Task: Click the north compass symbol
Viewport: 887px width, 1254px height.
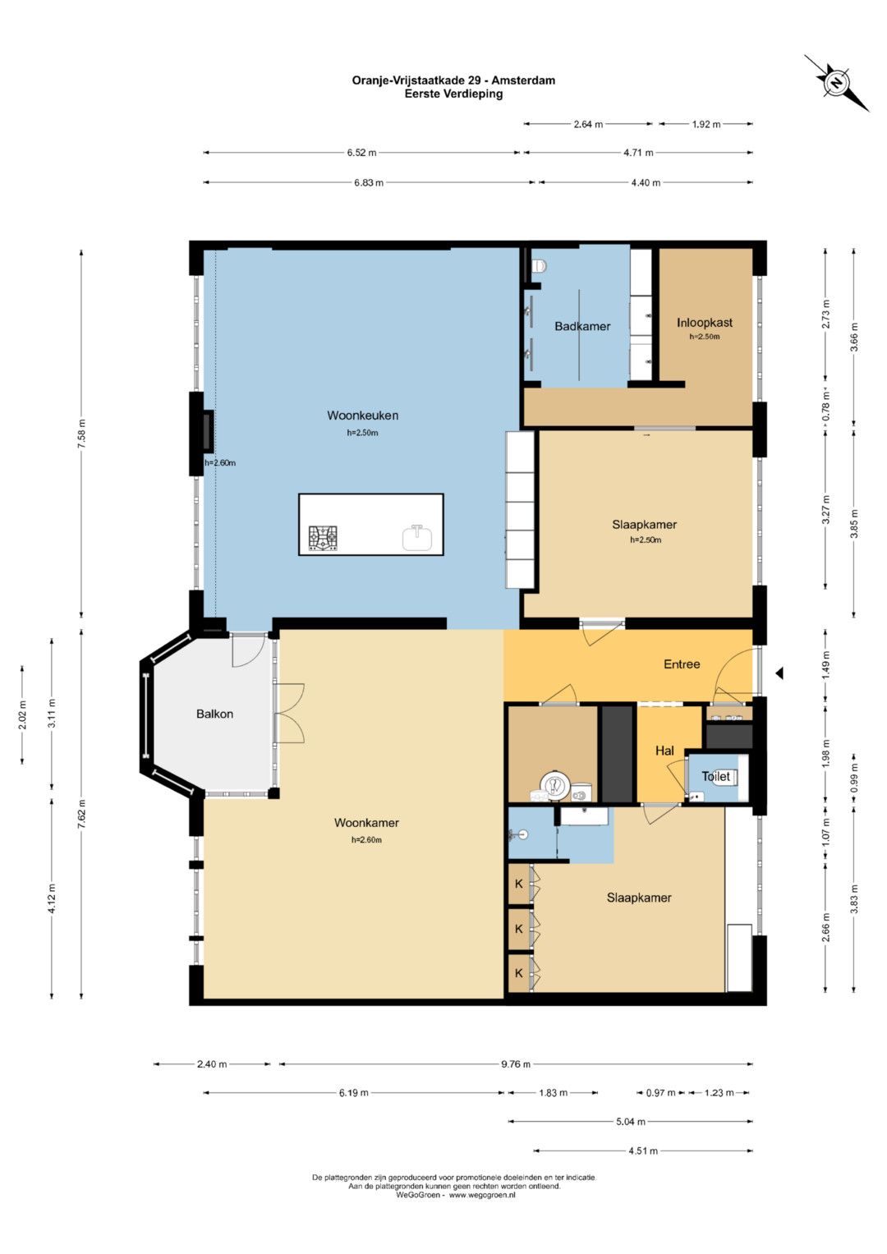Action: tap(837, 84)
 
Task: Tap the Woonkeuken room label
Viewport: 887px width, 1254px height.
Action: tap(362, 416)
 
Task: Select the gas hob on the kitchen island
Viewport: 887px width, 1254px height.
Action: tap(324, 540)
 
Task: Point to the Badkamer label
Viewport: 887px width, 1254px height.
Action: tap(582, 326)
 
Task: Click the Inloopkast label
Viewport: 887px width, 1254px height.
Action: tap(705, 323)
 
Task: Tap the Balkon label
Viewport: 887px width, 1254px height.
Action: tap(214, 714)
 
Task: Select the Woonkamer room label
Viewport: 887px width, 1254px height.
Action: tap(366, 822)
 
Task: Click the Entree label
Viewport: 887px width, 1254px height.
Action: tap(682, 664)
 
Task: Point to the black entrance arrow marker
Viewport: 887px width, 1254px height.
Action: tap(779, 673)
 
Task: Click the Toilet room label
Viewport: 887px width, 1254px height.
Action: tap(715, 777)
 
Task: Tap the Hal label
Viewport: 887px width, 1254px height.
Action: tap(664, 751)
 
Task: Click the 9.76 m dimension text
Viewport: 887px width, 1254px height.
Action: tap(515, 1064)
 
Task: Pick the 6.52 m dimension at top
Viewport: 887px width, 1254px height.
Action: tap(361, 152)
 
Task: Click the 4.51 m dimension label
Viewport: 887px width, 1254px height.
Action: tap(642, 1151)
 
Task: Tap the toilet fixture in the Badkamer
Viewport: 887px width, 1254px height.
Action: tap(540, 265)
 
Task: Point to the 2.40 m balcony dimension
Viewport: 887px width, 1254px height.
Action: tap(212, 1064)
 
